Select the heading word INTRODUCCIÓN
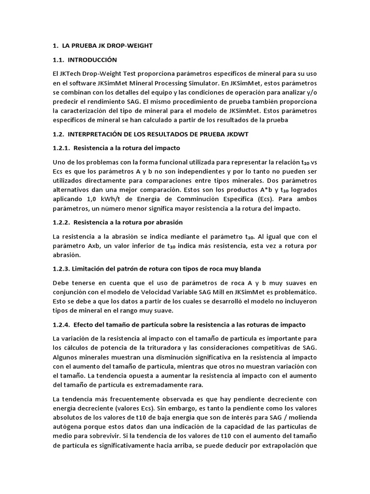pyautogui.click(x=92, y=60)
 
